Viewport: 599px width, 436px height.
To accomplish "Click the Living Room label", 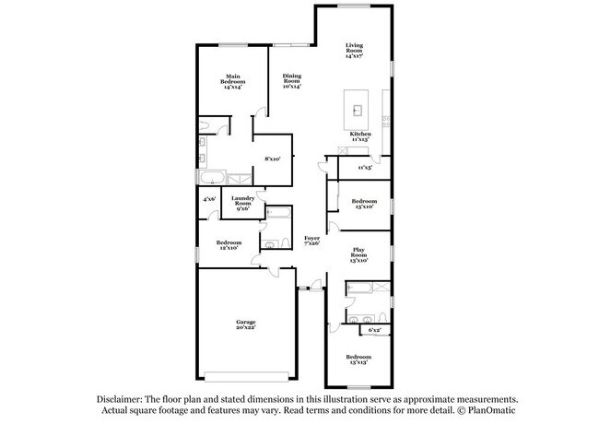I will pyautogui.click(x=355, y=51).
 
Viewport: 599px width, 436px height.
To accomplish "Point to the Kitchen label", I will pyautogui.click(x=359, y=136).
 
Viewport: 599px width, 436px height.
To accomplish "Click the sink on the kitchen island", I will pyautogui.click(x=358, y=110).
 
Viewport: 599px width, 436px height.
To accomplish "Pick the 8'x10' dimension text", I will pyautogui.click(x=272, y=159).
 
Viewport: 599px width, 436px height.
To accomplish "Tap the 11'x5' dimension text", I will pyautogui.click(x=364, y=168).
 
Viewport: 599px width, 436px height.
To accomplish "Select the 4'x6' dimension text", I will pyautogui.click(x=209, y=198).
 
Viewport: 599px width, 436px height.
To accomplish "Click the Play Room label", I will pyautogui.click(x=358, y=255).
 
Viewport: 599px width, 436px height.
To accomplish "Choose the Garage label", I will pyautogui.click(x=245, y=324).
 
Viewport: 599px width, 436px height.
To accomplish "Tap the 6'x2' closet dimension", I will pyautogui.click(x=375, y=329).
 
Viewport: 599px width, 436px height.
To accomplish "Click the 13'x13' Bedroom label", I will pyautogui.click(x=358, y=359).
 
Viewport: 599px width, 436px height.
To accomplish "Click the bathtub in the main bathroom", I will pyautogui.click(x=211, y=177).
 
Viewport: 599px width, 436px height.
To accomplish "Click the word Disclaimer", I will pyautogui.click(x=120, y=400).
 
